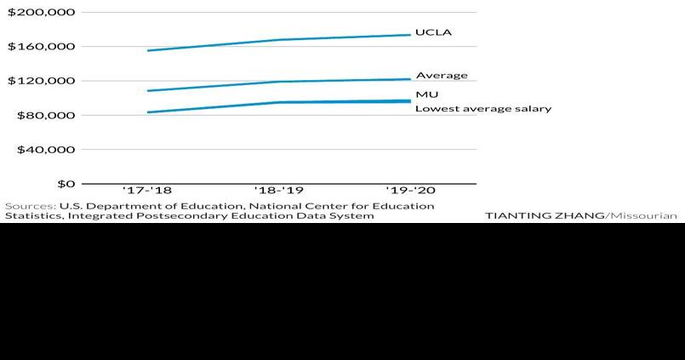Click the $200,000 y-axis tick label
tap(42, 13)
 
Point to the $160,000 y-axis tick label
tap(42, 47)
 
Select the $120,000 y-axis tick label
tap(42, 81)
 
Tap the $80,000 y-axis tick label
tap(45, 115)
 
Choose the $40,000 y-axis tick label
tap(45, 149)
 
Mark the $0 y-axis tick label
tap(66, 183)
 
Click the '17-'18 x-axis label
tap(147, 191)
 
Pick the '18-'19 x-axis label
tap(279, 191)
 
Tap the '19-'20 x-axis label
tap(411, 191)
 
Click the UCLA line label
tap(433, 33)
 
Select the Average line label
tap(442, 76)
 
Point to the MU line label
tap(427, 94)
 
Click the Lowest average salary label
tap(483, 109)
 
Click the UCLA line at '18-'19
tap(279, 40)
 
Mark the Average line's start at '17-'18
tap(148, 90)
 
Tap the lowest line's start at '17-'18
tap(148, 112)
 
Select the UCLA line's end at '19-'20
tap(410, 35)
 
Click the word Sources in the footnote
tap(30, 206)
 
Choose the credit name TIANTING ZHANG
tap(544, 216)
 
